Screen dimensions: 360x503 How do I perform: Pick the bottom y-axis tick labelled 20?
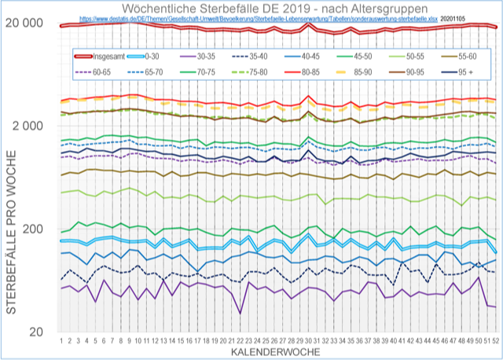tap(36, 332)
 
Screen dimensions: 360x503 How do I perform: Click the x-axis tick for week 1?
tap(61, 341)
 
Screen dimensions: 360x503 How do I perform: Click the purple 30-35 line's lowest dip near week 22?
tap(240, 313)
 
